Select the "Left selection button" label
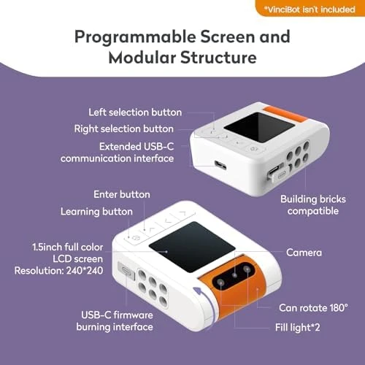[x=135, y=112]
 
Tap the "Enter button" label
[x=122, y=194]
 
